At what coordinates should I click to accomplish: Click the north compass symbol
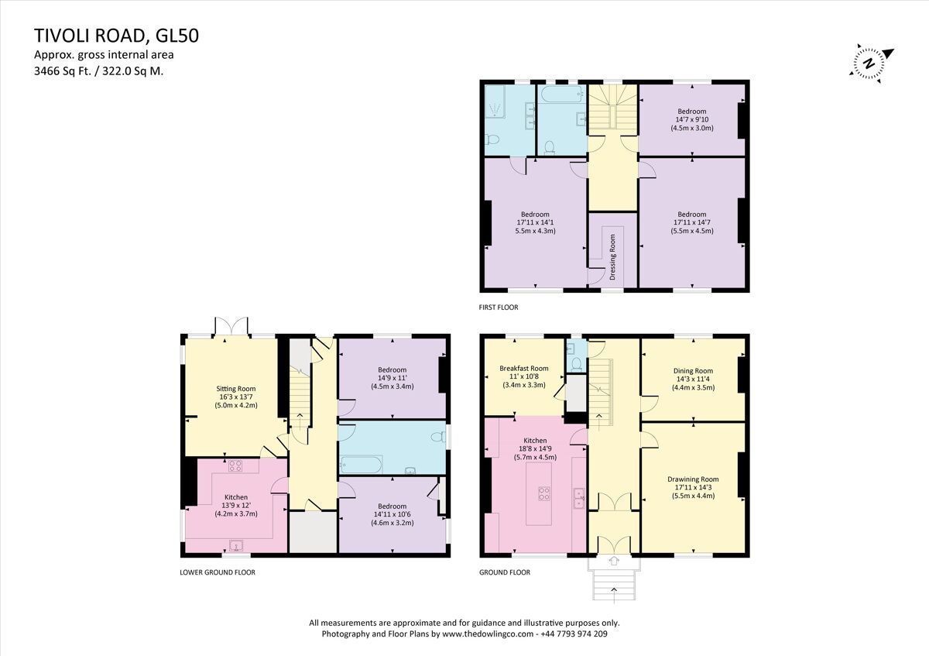click(x=872, y=63)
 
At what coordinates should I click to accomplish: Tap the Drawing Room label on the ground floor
click(x=692, y=479)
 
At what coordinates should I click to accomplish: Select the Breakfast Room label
click(x=523, y=369)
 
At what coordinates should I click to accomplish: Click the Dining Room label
click(x=692, y=371)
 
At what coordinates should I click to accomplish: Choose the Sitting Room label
click(x=235, y=389)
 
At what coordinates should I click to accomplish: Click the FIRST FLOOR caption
click(x=499, y=307)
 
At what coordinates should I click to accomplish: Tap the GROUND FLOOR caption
click(x=505, y=572)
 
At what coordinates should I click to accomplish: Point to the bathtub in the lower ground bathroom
click(x=362, y=465)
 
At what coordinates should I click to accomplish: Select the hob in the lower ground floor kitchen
click(x=235, y=465)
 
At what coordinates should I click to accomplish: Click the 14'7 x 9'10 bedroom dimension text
click(x=691, y=119)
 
